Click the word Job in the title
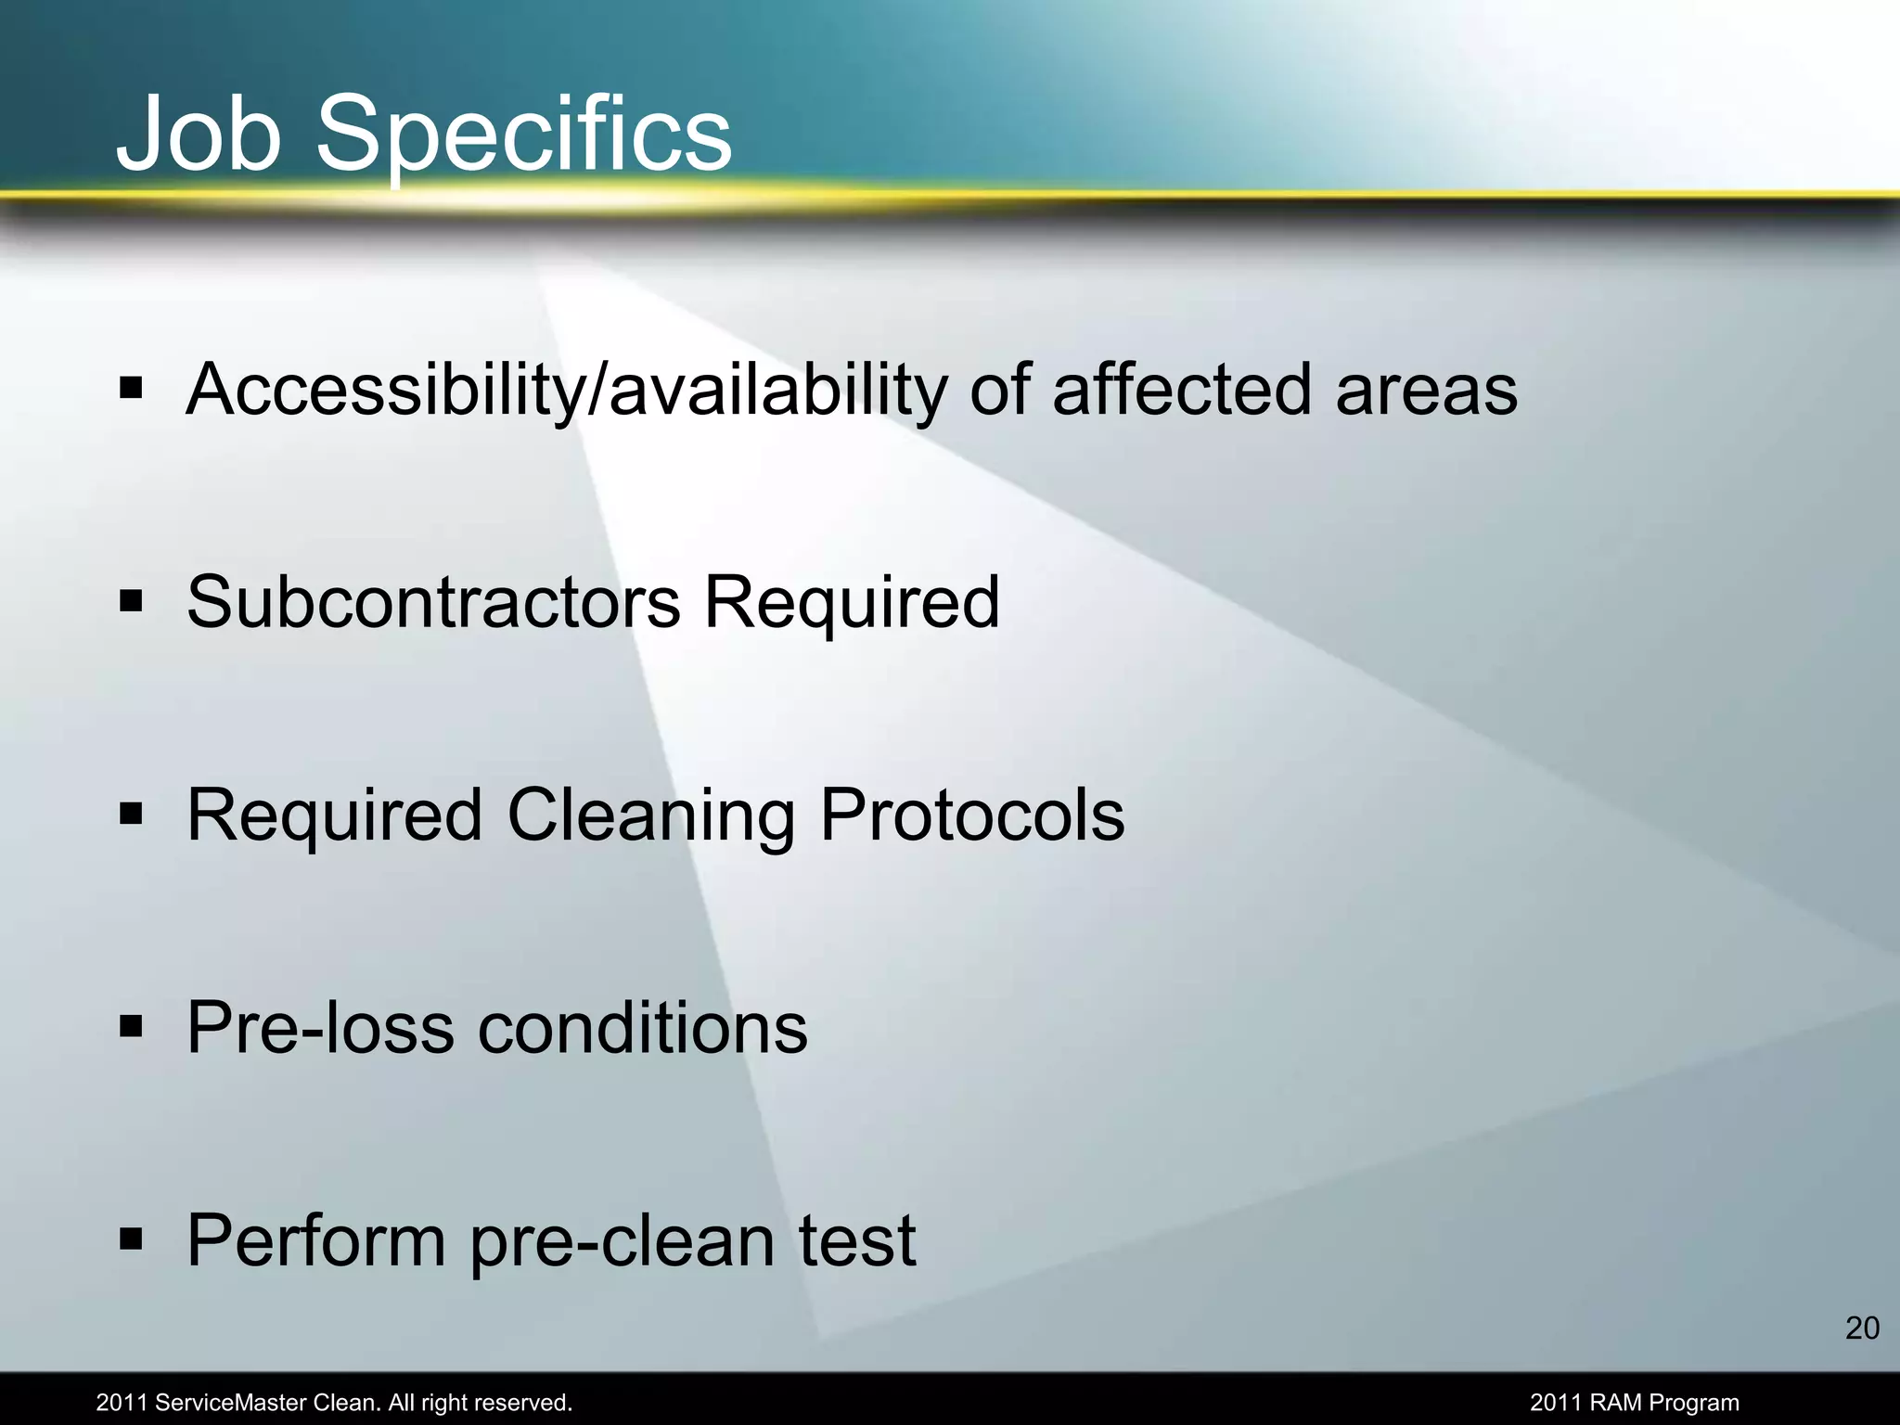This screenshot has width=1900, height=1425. [x=199, y=135]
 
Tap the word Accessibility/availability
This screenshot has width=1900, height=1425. [x=566, y=391]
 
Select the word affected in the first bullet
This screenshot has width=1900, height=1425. [x=1184, y=389]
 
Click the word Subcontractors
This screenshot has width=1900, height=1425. [x=433, y=602]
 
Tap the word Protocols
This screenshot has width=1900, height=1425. [x=971, y=815]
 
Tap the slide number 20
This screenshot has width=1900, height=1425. [x=1862, y=1329]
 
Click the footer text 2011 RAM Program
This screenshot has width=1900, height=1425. [x=1634, y=1403]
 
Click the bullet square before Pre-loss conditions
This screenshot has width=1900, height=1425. [x=131, y=1026]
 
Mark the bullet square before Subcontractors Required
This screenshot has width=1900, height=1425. [x=131, y=600]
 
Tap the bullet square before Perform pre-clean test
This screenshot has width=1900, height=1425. [x=131, y=1239]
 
